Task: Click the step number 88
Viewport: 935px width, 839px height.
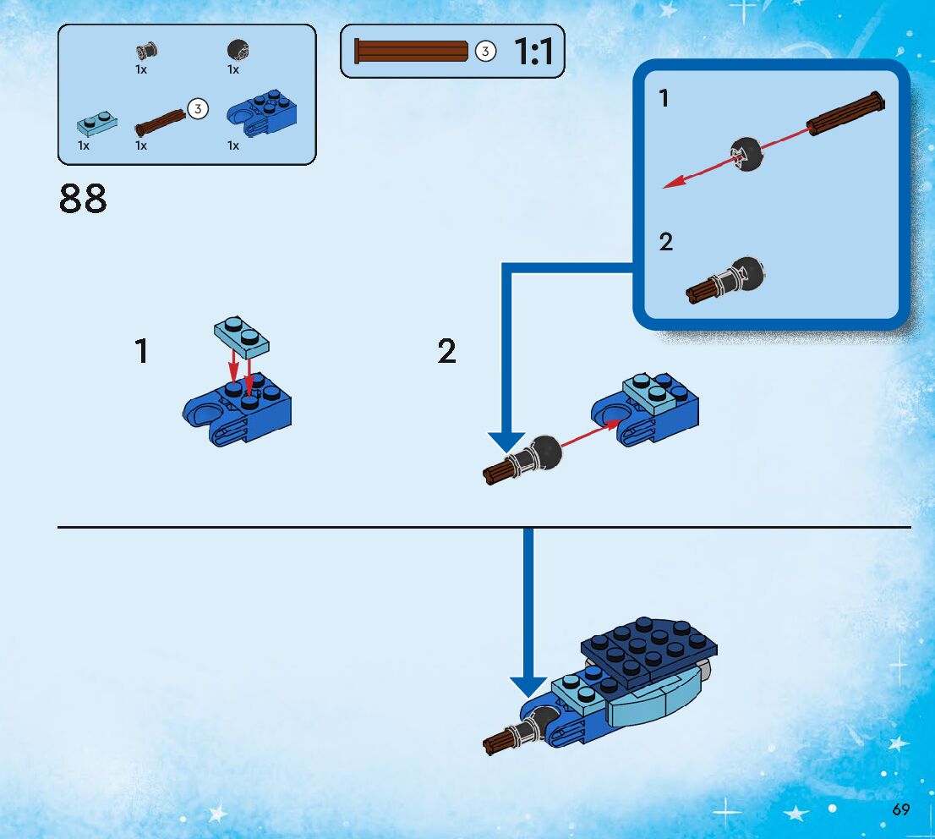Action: pyautogui.click(x=83, y=199)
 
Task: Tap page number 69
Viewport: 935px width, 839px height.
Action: pyautogui.click(x=900, y=809)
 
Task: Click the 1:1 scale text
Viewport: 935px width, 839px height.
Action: pyautogui.click(x=533, y=52)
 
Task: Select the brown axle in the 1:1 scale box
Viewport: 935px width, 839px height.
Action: pyautogui.click(x=412, y=52)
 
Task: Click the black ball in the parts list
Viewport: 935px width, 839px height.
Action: pyautogui.click(x=238, y=51)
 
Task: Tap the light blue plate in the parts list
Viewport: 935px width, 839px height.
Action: pyautogui.click(x=96, y=123)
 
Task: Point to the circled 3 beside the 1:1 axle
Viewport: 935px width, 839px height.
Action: pyautogui.click(x=484, y=52)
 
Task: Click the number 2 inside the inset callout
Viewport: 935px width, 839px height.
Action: pyautogui.click(x=666, y=242)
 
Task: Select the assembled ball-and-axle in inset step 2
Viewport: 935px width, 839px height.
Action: pyautogui.click(x=727, y=280)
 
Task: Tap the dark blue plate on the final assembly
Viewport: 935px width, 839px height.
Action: pyautogui.click(x=651, y=647)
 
